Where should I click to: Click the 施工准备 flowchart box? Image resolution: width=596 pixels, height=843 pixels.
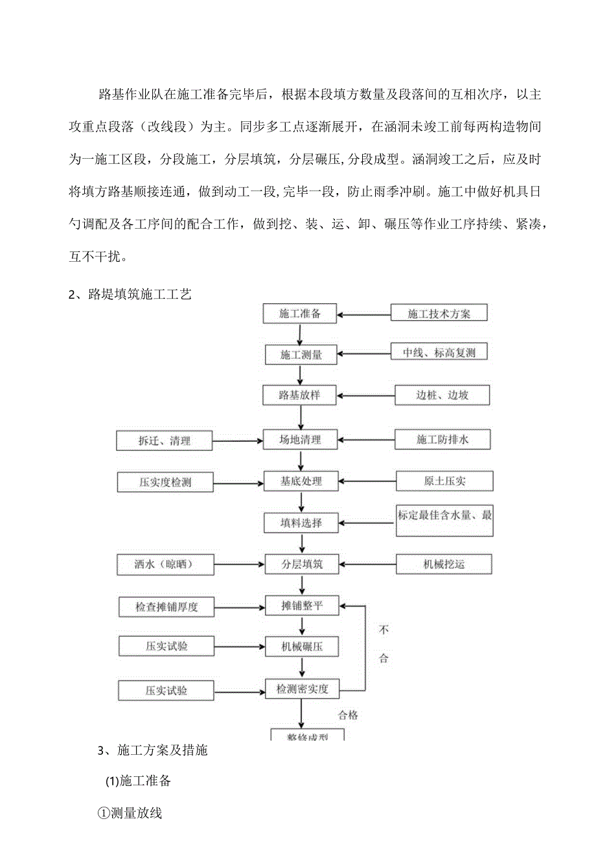pyautogui.click(x=300, y=314)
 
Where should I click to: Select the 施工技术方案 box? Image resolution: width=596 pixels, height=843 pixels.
pyautogui.click(x=439, y=314)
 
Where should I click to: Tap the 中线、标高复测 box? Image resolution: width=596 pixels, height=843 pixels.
pyautogui.click(x=439, y=354)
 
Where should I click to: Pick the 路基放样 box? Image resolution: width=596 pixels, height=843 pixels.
pyautogui.click(x=300, y=395)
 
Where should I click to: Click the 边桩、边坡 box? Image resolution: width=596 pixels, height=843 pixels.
pyautogui.click(x=442, y=395)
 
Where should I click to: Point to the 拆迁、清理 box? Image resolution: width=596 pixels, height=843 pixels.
pyautogui.click(x=165, y=441)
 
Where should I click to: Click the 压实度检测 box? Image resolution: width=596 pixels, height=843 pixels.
pyautogui.click(x=165, y=482)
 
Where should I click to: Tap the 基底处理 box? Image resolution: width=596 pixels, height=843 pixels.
pyautogui.click(x=301, y=481)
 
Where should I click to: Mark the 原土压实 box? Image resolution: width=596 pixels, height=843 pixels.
pyautogui.click(x=444, y=481)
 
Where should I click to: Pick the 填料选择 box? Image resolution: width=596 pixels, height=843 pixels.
pyautogui.click(x=301, y=522)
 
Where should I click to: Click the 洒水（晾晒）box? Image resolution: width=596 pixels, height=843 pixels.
pyautogui.click(x=165, y=564)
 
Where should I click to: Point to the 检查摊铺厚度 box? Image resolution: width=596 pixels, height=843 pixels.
pyautogui.click(x=166, y=607)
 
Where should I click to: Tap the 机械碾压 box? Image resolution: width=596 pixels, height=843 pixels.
pyautogui.click(x=301, y=646)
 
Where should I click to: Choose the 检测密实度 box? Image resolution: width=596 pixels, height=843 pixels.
pyautogui.click(x=303, y=689)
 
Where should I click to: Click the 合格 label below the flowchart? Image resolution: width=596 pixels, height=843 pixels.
pyautogui.click(x=348, y=715)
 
